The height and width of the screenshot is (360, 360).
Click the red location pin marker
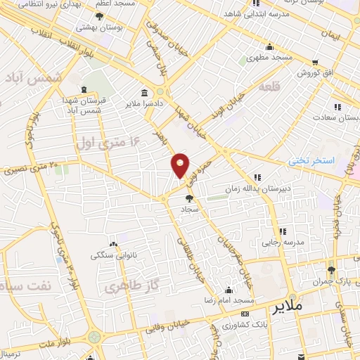tap(180, 165)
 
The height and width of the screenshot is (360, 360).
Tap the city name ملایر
tap(289, 307)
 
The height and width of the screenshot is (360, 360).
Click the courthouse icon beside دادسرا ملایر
tap(144, 93)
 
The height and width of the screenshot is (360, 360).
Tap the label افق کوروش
tap(308, 72)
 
